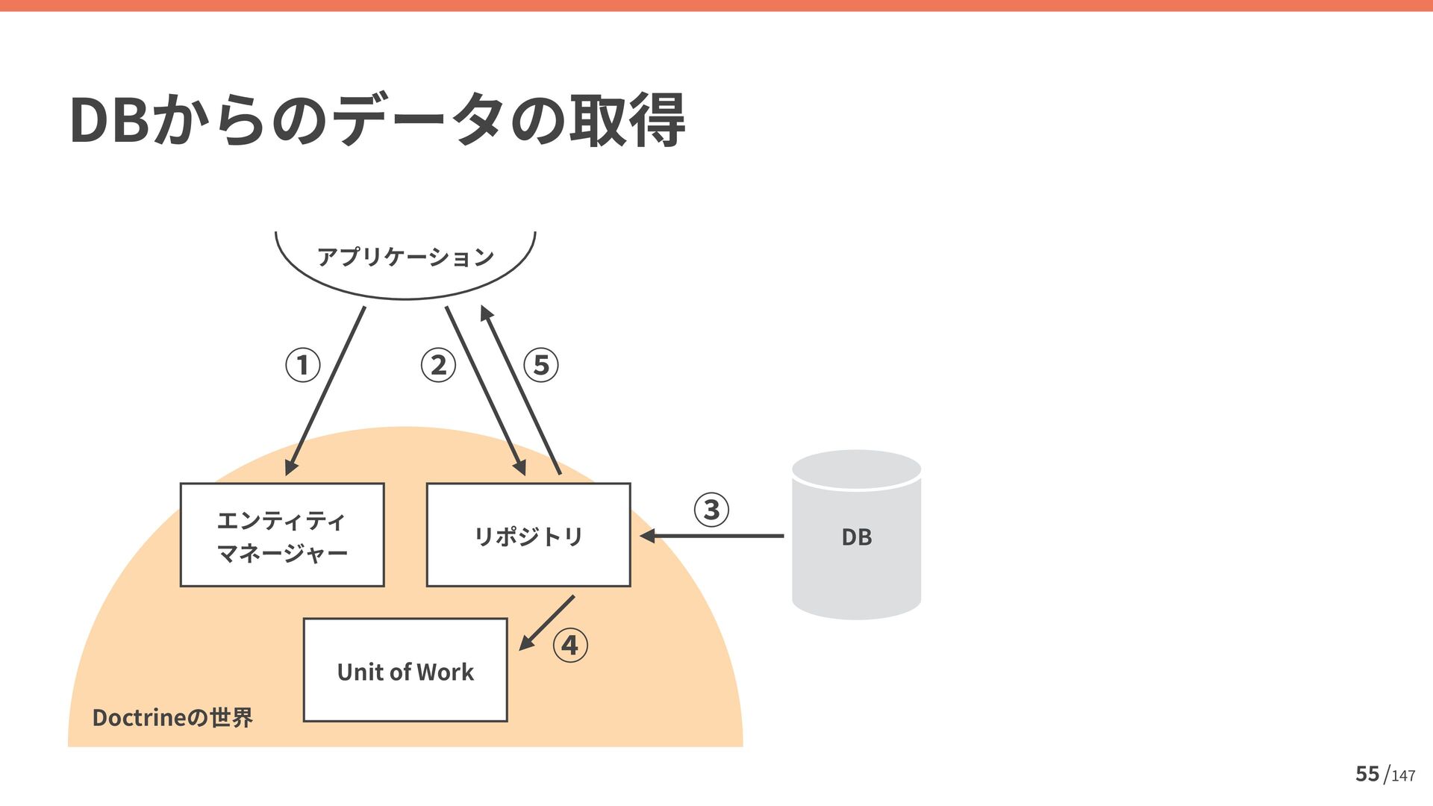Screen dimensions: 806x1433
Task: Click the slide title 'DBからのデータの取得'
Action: tap(377, 119)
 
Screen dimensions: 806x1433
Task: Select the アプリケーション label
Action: tap(405, 257)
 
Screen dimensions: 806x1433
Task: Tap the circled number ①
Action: tap(303, 365)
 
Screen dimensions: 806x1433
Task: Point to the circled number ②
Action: tap(438, 365)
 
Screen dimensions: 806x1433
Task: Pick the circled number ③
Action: tap(711, 510)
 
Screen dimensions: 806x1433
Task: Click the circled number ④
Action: tap(570, 645)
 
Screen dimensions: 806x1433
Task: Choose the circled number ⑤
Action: tap(541, 365)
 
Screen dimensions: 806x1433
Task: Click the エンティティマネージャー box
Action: tap(282, 535)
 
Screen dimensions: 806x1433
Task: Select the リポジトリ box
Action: tap(528, 535)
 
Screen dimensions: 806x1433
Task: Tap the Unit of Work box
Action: tap(405, 670)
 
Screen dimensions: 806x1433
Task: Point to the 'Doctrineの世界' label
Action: tap(172, 717)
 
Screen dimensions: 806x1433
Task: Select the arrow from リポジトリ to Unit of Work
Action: tap(548, 622)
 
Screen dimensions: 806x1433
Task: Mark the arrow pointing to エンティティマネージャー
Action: tap(325, 390)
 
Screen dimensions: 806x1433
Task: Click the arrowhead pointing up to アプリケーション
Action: tap(487, 313)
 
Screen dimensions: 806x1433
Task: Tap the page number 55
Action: tap(1367, 774)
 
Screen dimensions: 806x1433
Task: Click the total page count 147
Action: tap(1403, 776)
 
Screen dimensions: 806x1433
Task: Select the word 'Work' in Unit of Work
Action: tap(445, 672)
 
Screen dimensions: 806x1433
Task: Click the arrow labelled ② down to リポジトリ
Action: tap(485, 390)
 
